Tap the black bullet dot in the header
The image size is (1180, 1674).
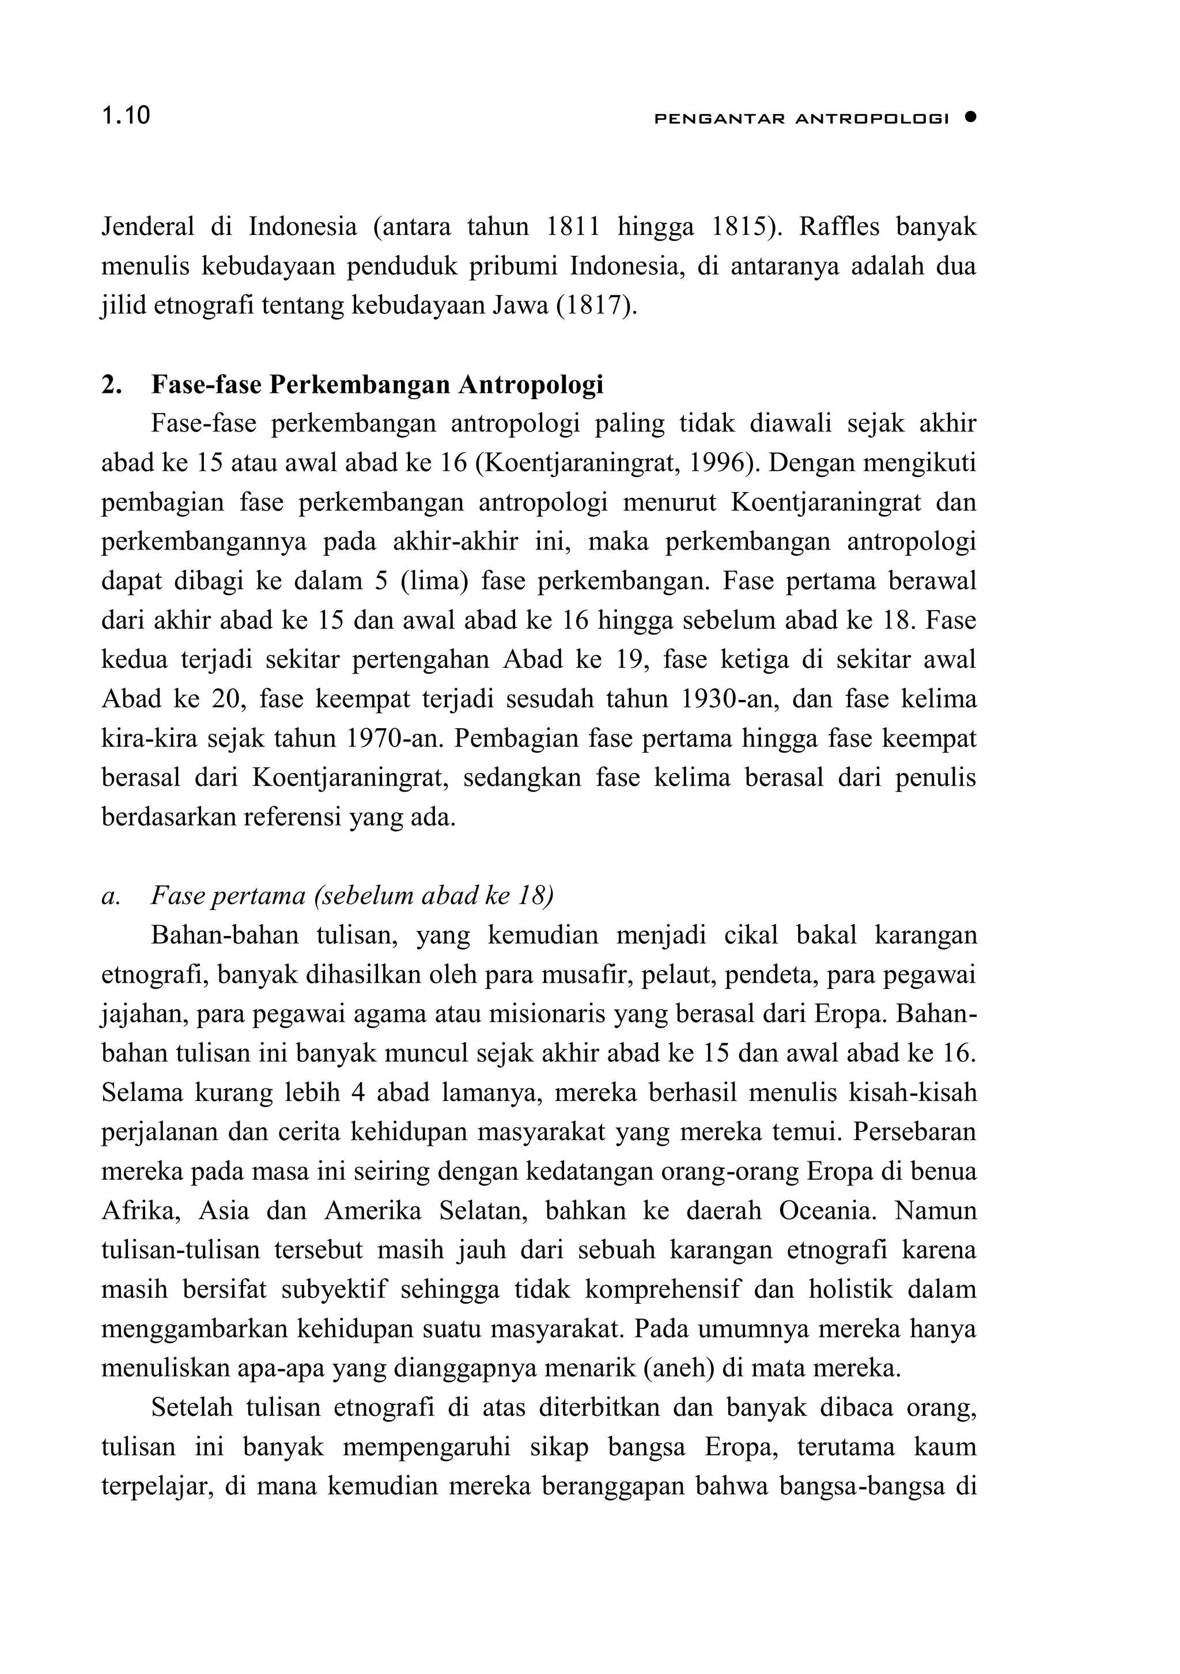coord(969,117)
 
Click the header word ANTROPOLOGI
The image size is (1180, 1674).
coord(872,118)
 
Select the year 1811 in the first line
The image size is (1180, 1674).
coord(573,228)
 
